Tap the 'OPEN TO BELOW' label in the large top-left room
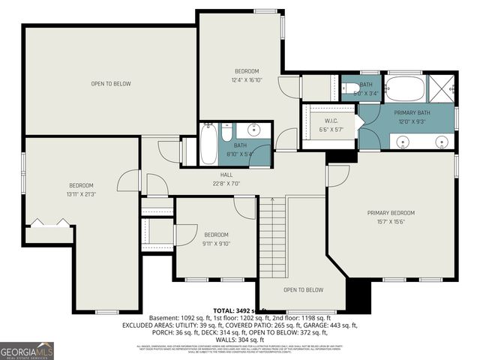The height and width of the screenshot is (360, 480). [111, 83]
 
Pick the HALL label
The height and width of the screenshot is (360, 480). [205, 174]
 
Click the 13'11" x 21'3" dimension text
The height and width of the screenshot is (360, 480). [81, 194]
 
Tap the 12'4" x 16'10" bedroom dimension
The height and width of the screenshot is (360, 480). [245, 79]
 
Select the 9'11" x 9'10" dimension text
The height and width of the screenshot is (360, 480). [216, 243]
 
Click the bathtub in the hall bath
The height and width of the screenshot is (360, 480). [208, 145]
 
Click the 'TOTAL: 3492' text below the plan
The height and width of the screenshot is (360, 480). [232, 310]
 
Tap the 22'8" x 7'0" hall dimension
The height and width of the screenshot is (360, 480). [205, 182]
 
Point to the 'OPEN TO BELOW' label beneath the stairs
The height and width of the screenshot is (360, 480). [303, 289]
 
